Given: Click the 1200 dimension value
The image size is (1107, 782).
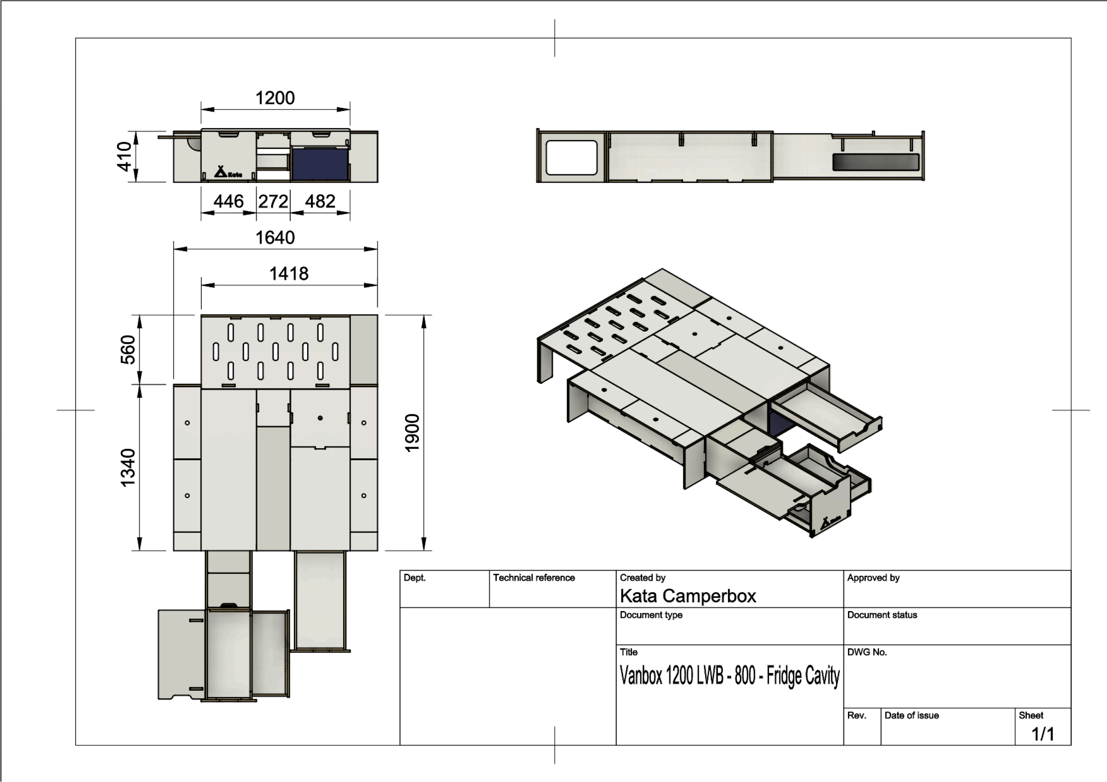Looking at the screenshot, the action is point(275,98).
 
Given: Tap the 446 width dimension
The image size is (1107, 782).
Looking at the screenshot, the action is point(228,202).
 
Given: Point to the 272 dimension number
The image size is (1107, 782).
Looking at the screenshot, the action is point(273,202).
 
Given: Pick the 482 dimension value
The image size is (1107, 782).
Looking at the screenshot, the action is point(320,202).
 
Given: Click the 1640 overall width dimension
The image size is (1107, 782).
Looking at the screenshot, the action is point(275,238).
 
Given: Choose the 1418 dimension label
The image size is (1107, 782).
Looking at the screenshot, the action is point(289,274).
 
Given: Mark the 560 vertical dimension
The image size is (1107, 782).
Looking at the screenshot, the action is point(128,349).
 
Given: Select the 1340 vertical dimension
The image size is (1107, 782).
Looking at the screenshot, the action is point(128,468).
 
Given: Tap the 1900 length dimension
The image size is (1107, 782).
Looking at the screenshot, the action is point(412,433).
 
